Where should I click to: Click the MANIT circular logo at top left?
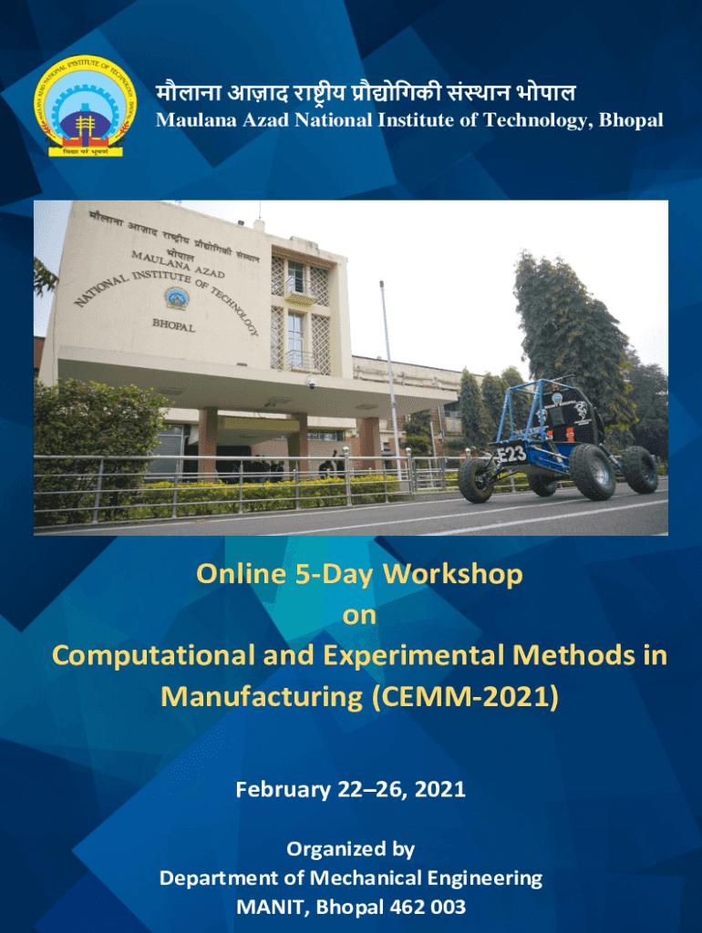[x=85, y=107]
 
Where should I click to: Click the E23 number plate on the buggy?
[x=511, y=455]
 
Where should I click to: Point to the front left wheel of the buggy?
[x=475, y=479]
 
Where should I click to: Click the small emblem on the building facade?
[x=177, y=299]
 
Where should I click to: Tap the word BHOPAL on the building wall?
[x=173, y=326]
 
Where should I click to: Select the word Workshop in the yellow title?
[x=452, y=575]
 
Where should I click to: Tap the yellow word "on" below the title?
[x=359, y=616]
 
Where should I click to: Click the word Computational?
[x=153, y=656]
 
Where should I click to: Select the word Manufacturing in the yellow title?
[x=262, y=697]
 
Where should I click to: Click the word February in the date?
[x=283, y=790]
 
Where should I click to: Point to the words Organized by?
[x=351, y=849]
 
